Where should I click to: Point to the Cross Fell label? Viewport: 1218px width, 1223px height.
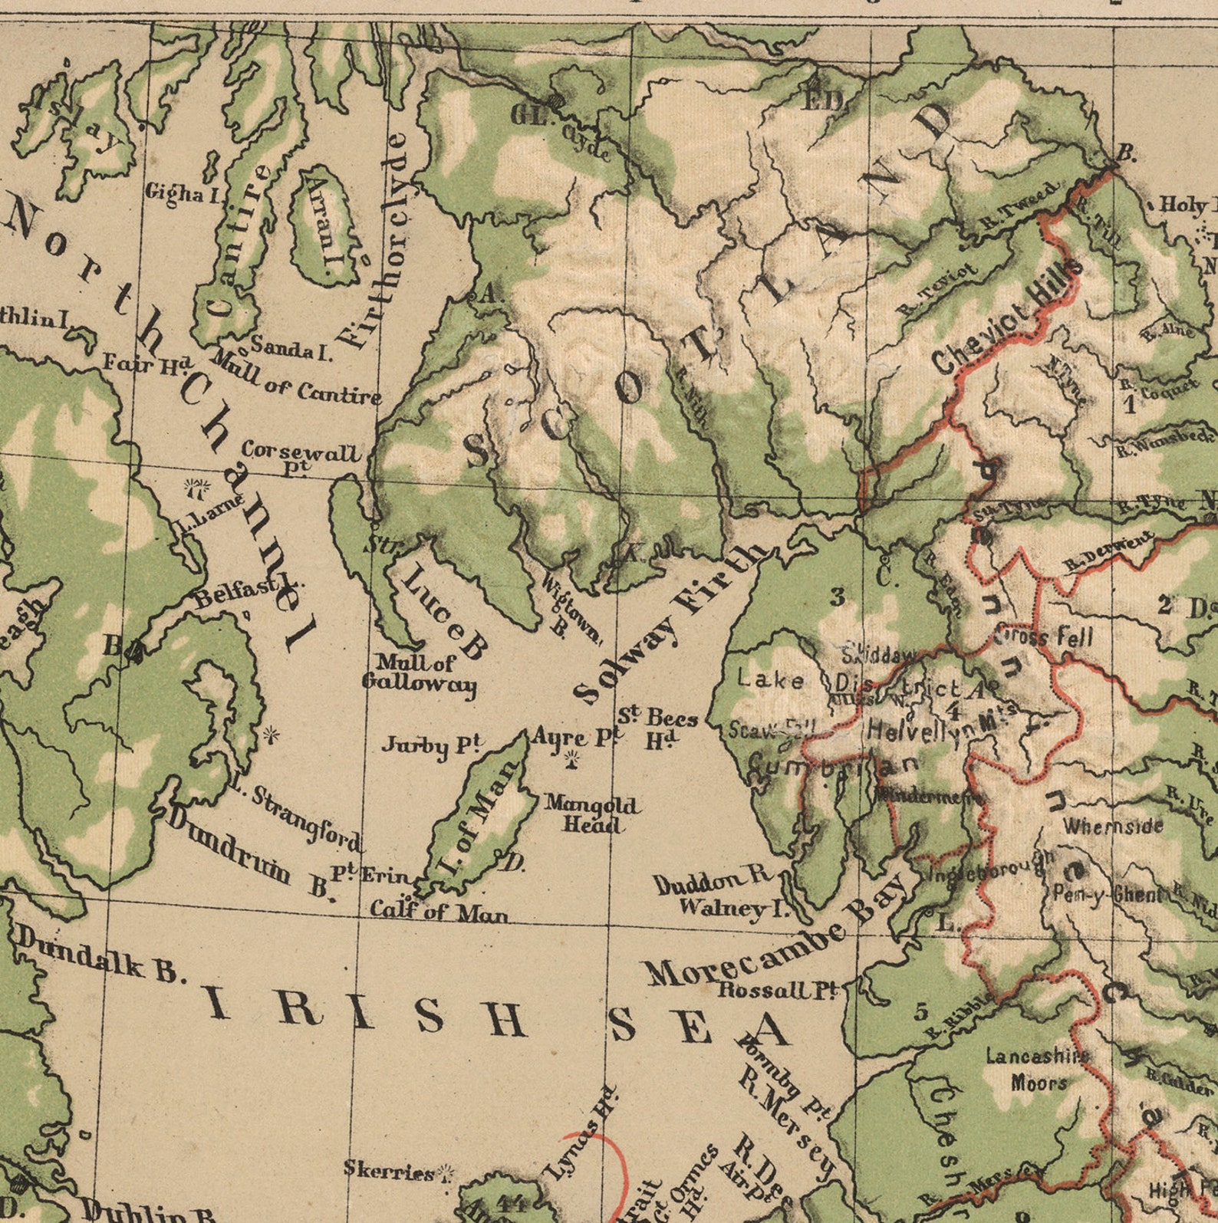click(1044, 636)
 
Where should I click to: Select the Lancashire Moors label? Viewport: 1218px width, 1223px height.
click(1037, 1069)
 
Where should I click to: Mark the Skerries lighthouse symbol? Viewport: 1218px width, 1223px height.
click(446, 1172)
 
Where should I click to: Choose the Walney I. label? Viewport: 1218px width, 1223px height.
click(734, 907)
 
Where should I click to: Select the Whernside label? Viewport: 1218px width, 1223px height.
click(1113, 827)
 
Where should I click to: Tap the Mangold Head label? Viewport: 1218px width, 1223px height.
click(591, 814)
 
